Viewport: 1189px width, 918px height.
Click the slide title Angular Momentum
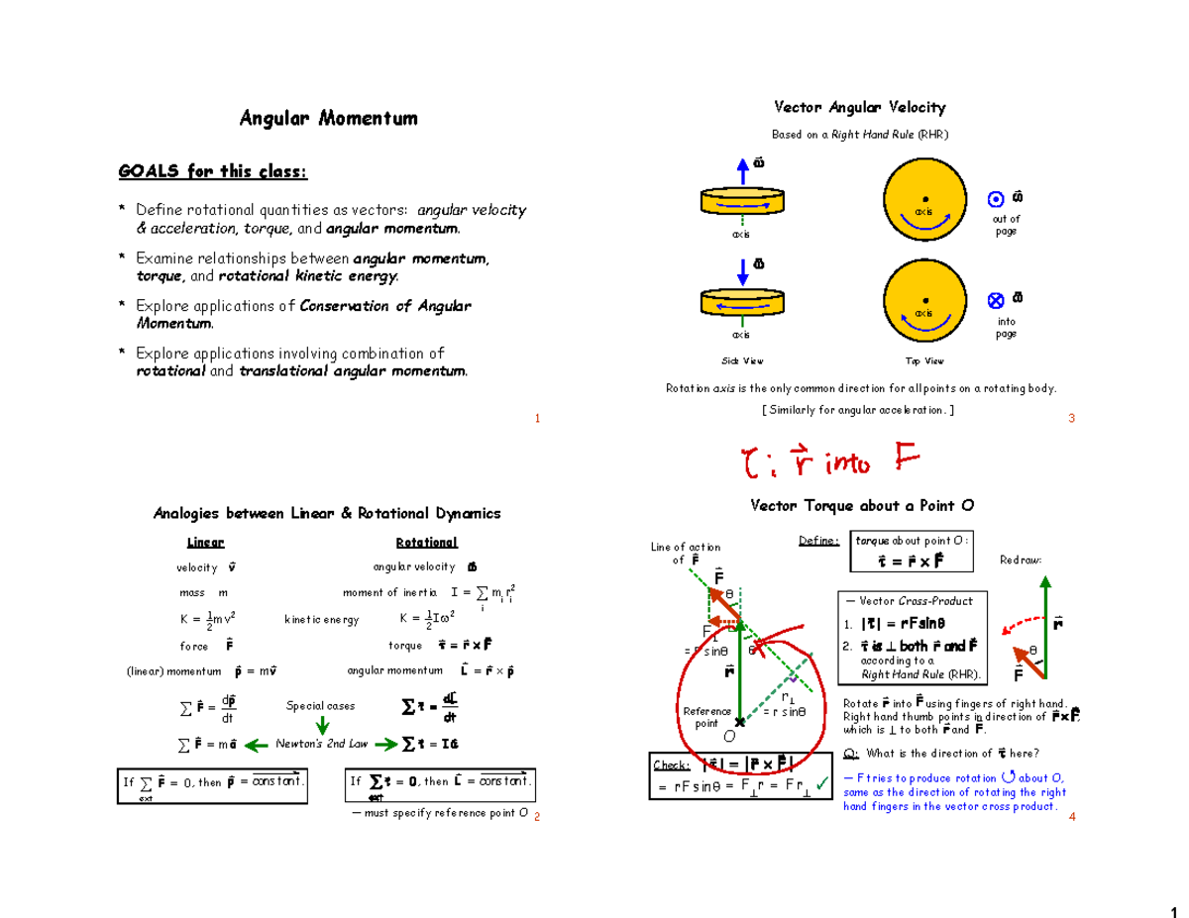tap(328, 119)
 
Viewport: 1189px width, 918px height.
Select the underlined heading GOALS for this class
tap(213, 172)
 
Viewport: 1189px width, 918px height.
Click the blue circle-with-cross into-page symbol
tap(997, 299)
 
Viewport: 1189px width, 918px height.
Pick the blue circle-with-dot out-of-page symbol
tap(997, 199)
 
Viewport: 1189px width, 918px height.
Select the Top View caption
tap(924, 360)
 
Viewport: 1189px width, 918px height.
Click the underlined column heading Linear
tap(206, 543)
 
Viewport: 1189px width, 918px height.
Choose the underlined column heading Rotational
tap(426, 543)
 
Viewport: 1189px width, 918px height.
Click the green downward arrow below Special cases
tap(322, 726)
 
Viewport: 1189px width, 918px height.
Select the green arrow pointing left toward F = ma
tap(257, 745)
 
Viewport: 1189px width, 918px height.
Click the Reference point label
tap(705, 717)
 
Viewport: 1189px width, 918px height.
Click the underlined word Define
tap(819, 541)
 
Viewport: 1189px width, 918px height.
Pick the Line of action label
tap(685, 553)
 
